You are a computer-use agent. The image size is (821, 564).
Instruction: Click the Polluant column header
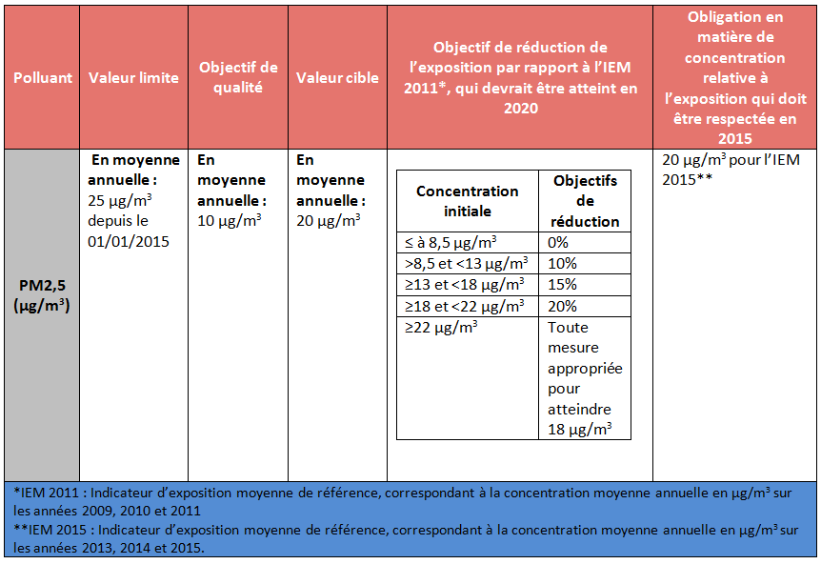pos(43,77)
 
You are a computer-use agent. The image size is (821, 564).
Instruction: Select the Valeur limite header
pos(133,77)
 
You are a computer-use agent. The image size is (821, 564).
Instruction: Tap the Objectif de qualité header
pos(238,77)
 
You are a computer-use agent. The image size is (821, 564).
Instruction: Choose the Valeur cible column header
pos(337,77)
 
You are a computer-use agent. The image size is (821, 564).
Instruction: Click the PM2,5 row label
pos(42,295)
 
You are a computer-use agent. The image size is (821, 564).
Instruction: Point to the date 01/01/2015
pos(129,241)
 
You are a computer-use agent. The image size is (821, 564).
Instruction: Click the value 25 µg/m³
pos(120,200)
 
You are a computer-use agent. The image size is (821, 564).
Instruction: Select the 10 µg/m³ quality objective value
pos(230,220)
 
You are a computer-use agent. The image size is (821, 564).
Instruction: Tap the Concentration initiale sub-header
pos(467,201)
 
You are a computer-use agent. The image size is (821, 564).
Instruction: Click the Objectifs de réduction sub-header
pos(585,201)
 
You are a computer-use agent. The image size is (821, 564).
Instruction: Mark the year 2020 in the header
pos(520,108)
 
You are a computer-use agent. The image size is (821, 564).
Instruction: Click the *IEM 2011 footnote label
pos(46,493)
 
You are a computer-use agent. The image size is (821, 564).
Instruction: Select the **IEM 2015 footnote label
pos(50,530)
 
